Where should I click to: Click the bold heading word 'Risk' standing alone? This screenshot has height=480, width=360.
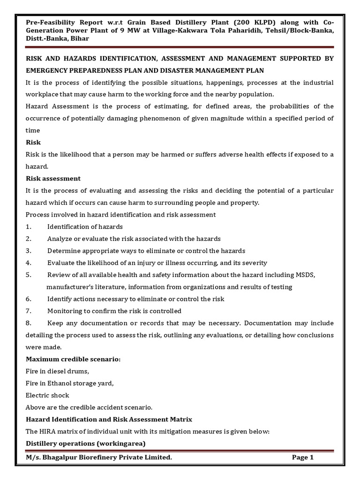(x=33, y=142)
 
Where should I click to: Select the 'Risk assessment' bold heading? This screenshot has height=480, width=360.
(x=53, y=179)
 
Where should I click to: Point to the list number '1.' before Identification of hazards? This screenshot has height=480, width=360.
(x=29, y=226)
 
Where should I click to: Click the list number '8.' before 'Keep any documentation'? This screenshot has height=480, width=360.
(x=29, y=323)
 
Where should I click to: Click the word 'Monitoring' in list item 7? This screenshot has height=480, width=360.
(x=66, y=311)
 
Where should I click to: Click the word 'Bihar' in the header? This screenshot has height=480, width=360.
(x=79, y=39)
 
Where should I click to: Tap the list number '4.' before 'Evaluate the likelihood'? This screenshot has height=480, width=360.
(x=29, y=262)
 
